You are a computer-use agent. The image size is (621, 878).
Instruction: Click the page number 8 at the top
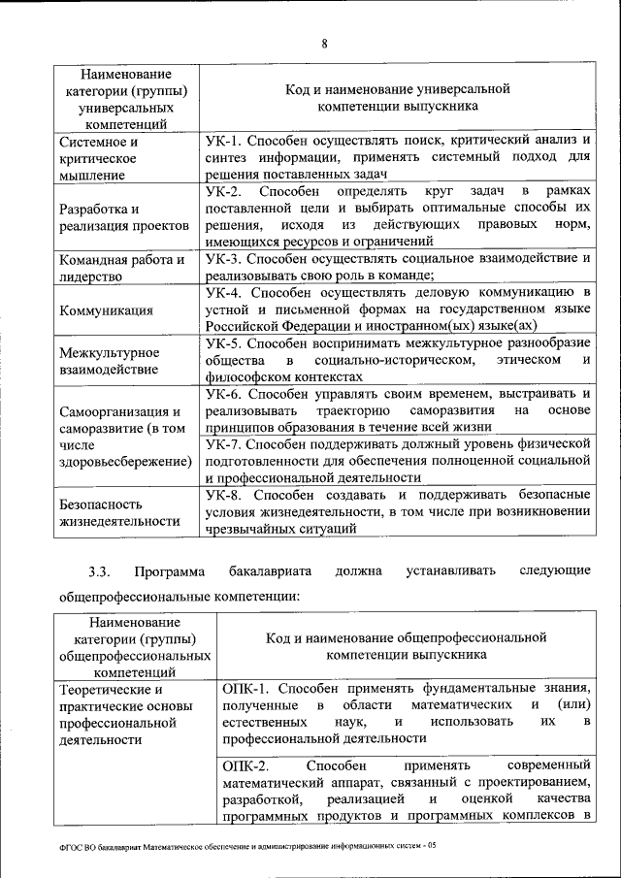click(326, 43)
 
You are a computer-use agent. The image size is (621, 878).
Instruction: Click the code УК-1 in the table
click(223, 140)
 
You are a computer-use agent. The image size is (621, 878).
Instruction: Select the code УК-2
click(223, 191)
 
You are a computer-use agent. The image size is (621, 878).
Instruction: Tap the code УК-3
click(223, 259)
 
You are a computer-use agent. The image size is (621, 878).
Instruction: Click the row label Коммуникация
click(106, 310)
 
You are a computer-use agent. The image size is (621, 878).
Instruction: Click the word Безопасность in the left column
click(101, 504)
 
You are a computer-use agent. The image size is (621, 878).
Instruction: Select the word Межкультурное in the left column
click(107, 352)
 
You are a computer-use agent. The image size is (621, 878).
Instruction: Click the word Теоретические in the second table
click(110, 689)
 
